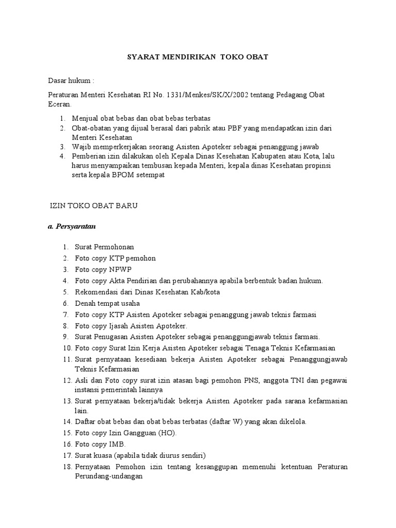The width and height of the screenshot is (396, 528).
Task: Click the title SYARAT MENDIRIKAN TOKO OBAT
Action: tap(198, 57)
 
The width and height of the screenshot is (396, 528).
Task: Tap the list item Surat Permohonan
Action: tap(104, 247)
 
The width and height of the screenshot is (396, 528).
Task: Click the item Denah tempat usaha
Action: tap(107, 303)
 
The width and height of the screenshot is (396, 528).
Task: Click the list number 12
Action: tap(67, 381)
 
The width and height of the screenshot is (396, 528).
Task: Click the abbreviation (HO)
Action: tap(167, 433)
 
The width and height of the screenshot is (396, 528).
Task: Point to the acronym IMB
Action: tap(117, 444)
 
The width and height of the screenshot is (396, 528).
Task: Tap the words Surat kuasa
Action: tap(93, 455)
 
